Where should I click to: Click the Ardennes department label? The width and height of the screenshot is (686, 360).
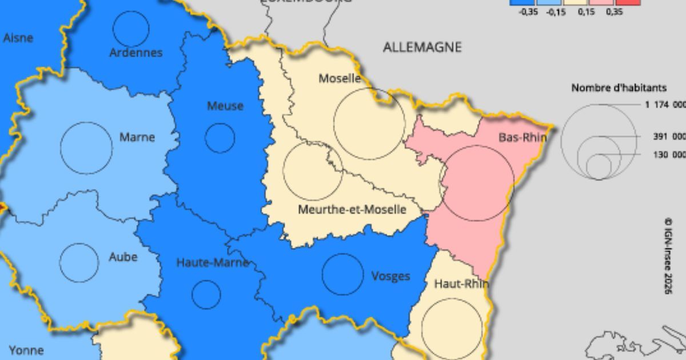[x=136, y=53]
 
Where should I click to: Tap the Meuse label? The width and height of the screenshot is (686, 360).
[x=225, y=106]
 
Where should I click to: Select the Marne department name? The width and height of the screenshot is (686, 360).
[x=137, y=137]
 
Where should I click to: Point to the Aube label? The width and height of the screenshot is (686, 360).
[x=123, y=257]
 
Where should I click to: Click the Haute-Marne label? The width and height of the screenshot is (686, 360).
[x=212, y=263]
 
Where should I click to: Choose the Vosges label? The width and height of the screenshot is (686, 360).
[x=390, y=276]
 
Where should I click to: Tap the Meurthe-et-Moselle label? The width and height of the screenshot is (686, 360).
[x=352, y=210]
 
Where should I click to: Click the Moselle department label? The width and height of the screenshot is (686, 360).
[x=340, y=78]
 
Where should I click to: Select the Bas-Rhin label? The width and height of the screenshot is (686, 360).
[x=522, y=138]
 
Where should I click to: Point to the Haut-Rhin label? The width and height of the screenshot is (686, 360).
[x=461, y=283]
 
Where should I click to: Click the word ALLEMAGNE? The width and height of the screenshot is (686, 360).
[x=422, y=47]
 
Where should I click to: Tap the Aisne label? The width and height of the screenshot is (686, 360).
[x=18, y=38]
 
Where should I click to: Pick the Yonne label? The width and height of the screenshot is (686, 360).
[x=26, y=350]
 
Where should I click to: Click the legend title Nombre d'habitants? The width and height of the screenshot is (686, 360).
[x=619, y=88]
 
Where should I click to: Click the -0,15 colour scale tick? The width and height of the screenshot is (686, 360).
[x=556, y=12]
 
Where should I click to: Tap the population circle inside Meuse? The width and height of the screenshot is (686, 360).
[x=220, y=138]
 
